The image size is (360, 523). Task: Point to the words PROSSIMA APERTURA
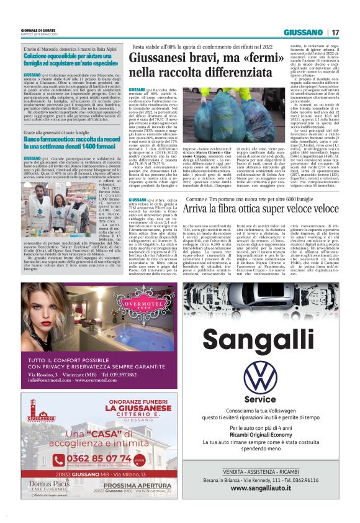pyautogui.click(x=133, y=503)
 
